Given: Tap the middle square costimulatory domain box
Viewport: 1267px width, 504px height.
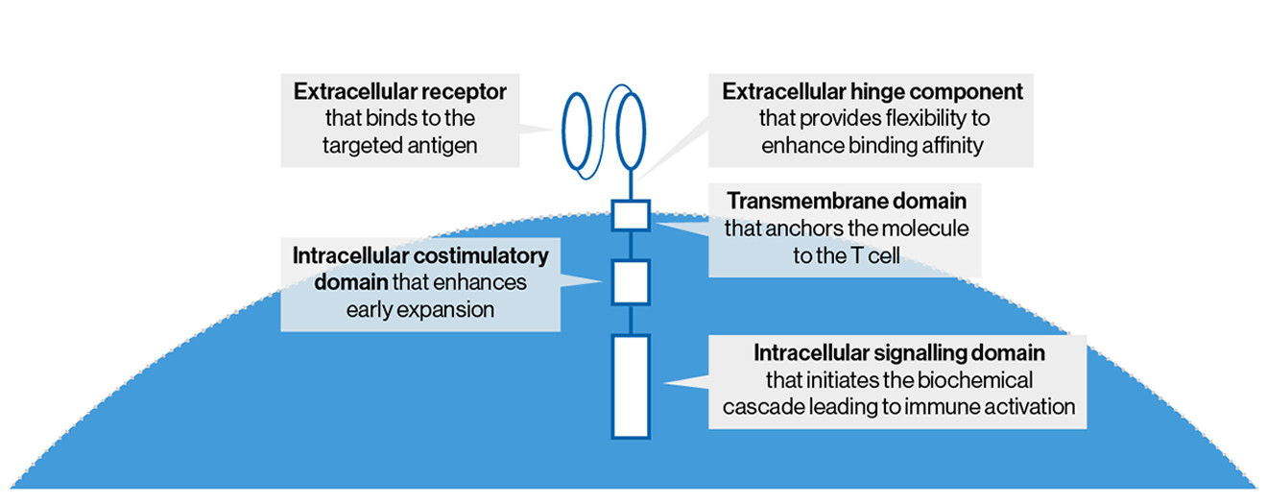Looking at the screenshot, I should [x=632, y=281].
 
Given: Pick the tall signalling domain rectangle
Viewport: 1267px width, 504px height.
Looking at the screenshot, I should [x=632, y=385].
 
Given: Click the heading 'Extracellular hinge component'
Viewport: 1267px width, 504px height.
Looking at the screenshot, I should [x=873, y=93].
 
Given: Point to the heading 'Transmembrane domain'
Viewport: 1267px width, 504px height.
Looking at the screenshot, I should [x=846, y=203].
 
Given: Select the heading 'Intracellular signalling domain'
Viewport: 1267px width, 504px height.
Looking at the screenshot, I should [x=898, y=353].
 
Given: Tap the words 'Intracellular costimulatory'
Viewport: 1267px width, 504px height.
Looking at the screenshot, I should [x=419, y=256].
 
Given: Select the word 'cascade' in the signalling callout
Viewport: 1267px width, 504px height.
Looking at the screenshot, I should [x=756, y=406].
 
